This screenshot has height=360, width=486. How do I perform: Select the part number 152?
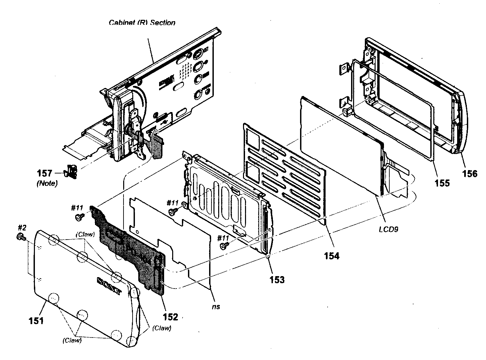(x=170, y=316)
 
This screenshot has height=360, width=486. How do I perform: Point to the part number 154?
(x=331, y=256)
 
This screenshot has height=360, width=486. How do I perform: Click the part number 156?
(x=470, y=173)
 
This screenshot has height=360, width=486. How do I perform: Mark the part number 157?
(x=45, y=173)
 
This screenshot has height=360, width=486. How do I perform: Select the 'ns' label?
(x=216, y=306)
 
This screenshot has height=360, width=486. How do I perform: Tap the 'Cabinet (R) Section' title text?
(x=142, y=23)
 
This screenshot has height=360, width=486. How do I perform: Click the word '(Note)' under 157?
(x=47, y=184)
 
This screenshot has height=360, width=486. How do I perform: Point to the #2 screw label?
(x=21, y=227)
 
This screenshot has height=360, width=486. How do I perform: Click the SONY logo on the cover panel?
(x=109, y=286)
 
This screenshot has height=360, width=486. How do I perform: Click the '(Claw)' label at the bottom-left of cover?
(x=72, y=340)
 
